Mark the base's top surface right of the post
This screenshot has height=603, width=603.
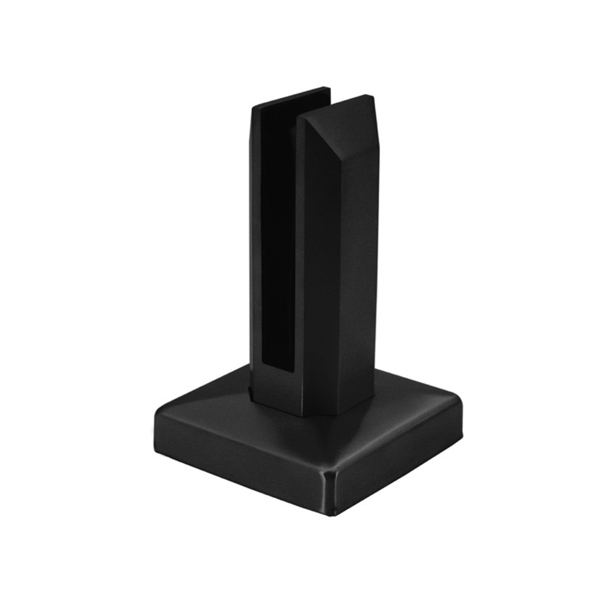(x=397, y=402)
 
